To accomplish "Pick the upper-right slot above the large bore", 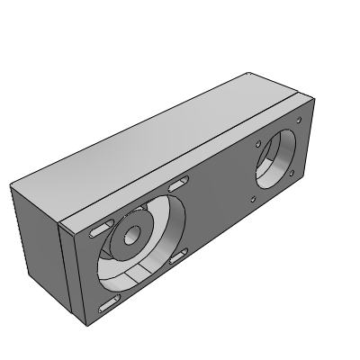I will [x=176, y=184].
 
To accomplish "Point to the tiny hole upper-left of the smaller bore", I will [x=258, y=142].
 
